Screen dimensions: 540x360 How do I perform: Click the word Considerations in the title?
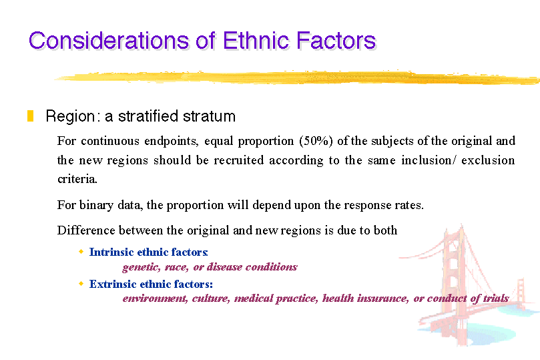point(109,40)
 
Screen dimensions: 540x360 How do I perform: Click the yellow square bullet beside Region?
point(30,116)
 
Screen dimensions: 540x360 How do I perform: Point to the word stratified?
point(148,116)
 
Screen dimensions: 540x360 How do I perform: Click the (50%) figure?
point(316,141)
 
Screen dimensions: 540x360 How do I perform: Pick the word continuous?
point(110,141)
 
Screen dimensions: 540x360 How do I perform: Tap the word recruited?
point(239,160)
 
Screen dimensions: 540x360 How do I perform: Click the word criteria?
point(77,179)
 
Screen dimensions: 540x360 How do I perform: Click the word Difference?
point(86,230)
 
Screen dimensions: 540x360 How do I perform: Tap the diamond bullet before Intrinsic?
point(81,252)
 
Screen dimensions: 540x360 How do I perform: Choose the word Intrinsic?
point(111,252)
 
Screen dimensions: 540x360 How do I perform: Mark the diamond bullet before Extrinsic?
point(81,283)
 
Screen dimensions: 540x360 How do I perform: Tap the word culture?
point(211,299)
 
